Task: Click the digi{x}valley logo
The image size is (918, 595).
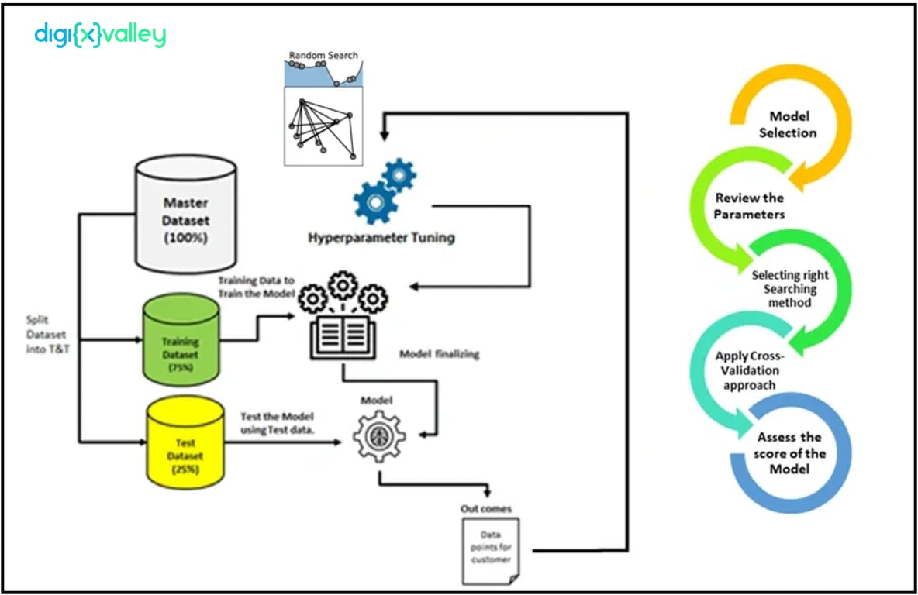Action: (x=100, y=35)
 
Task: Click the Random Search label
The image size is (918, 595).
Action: (x=323, y=56)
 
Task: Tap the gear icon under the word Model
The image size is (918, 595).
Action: (x=379, y=437)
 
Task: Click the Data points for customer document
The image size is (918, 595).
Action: (x=491, y=549)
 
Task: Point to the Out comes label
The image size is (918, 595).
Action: (x=485, y=508)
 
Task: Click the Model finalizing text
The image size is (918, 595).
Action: (x=440, y=354)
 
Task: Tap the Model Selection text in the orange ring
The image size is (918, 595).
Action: (x=789, y=125)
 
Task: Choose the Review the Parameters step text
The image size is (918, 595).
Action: (x=750, y=206)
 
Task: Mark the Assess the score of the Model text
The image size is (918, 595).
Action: (x=790, y=453)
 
